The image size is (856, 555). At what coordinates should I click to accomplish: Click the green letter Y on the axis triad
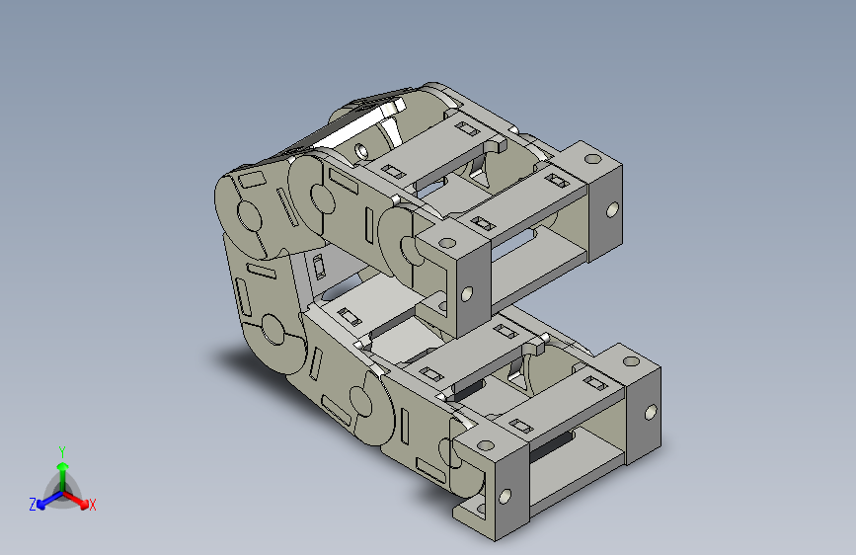coord(62,451)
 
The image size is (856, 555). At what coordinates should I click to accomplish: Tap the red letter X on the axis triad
coord(92,505)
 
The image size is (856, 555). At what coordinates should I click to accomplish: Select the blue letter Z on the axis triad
coord(33,505)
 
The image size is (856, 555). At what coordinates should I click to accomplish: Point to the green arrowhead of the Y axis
coord(63,466)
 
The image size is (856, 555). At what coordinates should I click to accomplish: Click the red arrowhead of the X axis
coord(84,504)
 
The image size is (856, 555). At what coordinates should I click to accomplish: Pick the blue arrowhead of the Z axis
coord(41,505)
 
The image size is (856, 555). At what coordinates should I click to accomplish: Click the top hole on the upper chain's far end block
coord(593,159)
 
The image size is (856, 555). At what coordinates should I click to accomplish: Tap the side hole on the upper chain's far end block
coord(612,209)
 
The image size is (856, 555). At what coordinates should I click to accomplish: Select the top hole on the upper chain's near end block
coord(447,242)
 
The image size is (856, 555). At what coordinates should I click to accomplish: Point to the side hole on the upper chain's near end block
coord(467,294)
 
